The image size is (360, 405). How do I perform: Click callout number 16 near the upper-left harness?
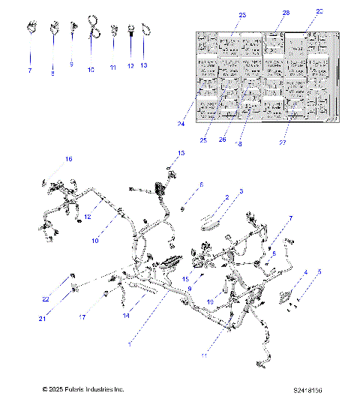pos(68,159)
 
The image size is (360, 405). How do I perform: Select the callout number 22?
pos(46,299)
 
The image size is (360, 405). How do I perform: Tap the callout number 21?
pos(43,319)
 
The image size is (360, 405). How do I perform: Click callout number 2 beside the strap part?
pos(226,198)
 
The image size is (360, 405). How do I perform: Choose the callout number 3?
pos(240,192)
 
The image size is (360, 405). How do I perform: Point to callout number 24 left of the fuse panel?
pos(181,124)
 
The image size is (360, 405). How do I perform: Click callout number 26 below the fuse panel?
pos(222,139)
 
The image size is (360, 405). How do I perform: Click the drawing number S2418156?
pos(307,390)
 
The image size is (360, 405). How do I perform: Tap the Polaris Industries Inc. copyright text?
pos(82,390)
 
